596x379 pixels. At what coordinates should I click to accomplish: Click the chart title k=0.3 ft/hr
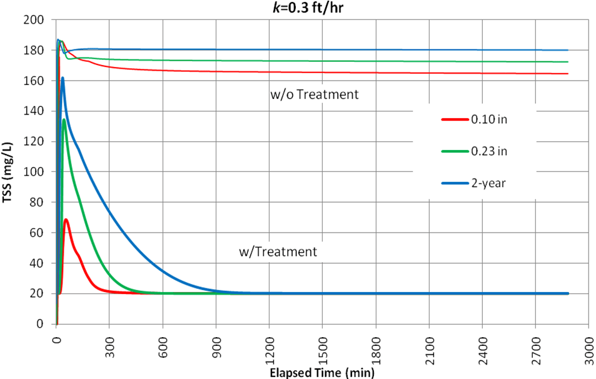(298, 7)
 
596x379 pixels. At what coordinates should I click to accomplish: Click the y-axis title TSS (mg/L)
(9, 172)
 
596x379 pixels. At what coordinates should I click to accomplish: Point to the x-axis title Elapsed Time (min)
(322, 373)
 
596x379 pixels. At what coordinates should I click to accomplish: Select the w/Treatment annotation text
(278, 252)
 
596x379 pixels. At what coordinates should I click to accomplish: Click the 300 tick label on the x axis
(109, 343)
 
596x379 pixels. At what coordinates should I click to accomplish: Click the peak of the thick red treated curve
(66, 220)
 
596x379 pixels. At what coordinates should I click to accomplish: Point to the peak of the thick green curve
(64, 119)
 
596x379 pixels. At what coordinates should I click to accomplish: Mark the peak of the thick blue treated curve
(63, 78)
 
